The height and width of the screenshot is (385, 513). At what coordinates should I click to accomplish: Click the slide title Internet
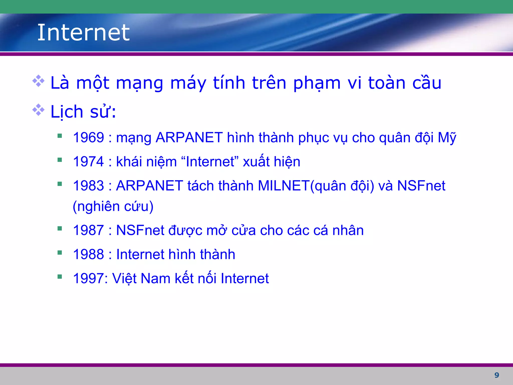[83, 33]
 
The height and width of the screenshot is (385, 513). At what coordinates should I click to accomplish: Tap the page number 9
[496, 375]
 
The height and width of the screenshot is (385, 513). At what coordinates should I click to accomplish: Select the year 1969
[88, 138]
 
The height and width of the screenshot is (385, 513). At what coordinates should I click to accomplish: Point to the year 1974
[88, 162]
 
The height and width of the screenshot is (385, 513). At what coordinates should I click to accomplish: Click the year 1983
[88, 186]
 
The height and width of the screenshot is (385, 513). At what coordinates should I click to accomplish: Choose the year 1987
[88, 230]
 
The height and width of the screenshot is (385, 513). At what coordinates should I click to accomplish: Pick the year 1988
[88, 254]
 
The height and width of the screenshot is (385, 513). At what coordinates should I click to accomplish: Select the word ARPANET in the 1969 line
[189, 138]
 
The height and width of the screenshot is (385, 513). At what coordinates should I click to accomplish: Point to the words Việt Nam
[141, 278]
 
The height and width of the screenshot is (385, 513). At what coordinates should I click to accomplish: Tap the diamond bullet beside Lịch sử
[38, 110]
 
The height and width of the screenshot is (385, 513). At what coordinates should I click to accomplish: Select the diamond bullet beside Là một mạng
[38, 81]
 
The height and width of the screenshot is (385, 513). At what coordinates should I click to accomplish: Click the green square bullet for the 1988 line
[60, 253]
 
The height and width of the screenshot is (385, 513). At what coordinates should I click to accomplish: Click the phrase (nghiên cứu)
[113, 207]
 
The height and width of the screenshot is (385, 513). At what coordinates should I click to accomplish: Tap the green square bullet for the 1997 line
[60, 277]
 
